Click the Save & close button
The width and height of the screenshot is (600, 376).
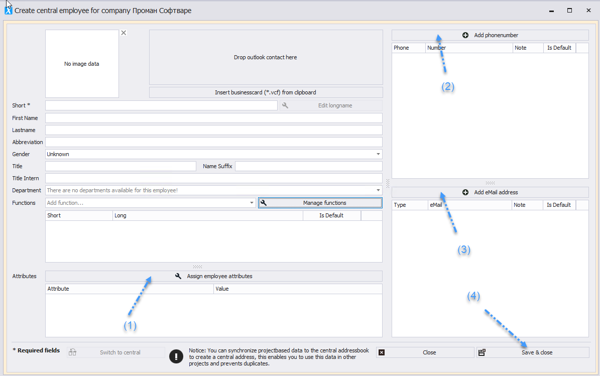click(533, 352)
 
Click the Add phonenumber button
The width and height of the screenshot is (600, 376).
click(490, 35)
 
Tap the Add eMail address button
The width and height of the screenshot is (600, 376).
click(490, 192)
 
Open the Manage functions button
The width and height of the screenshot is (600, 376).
click(320, 203)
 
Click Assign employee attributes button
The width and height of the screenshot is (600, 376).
click(214, 276)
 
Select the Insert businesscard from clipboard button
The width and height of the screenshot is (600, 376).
click(266, 92)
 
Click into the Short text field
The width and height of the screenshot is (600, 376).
click(161, 105)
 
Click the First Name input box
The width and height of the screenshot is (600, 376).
click(214, 118)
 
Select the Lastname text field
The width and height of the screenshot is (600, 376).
click(214, 130)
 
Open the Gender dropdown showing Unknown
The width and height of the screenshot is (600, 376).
click(214, 154)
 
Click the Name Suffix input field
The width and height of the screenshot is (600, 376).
click(309, 166)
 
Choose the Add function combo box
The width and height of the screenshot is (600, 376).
click(151, 203)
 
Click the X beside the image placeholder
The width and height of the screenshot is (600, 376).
click(124, 33)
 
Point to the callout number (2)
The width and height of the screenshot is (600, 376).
click(448, 87)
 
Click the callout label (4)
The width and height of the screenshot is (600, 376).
click(473, 296)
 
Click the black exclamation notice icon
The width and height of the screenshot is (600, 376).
click(176, 356)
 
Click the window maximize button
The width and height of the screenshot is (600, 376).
click(569, 11)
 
